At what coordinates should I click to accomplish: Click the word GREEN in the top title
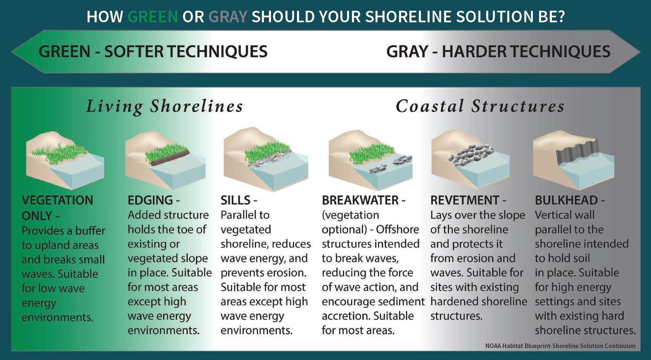pos(153,17)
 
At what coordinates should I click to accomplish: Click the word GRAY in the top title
pos(228,17)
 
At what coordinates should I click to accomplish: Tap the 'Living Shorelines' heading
pos(164,107)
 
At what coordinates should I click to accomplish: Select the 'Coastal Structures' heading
pos(480,106)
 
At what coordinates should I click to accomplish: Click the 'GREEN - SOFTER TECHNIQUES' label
pos(153,52)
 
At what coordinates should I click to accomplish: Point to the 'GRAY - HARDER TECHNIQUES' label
pos(498,52)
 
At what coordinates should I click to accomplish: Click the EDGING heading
pos(150,200)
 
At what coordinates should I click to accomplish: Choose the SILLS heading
pos(235,200)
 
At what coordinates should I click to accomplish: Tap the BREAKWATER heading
pos(360,200)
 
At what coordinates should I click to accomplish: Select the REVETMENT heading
pos(465,200)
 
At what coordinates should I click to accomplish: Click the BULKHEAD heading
pos(566,200)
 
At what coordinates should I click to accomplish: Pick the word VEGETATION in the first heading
pos(57,200)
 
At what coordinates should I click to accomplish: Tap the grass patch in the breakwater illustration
pos(371,153)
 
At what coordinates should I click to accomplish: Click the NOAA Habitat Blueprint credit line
pos(560,346)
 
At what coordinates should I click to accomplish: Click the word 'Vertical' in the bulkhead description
pos(554,215)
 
